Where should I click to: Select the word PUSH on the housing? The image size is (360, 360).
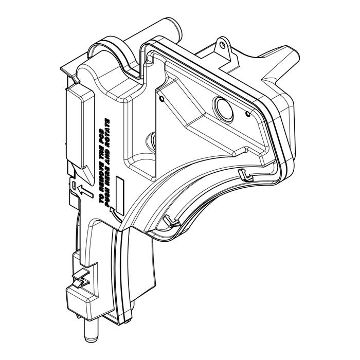(x=107, y=198)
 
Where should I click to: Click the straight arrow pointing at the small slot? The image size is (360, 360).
(x=85, y=191)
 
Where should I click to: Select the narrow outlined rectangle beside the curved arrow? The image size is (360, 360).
(x=120, y=196)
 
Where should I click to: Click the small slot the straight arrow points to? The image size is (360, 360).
(x=74, y=186)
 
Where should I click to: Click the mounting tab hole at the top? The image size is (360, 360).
(x=222, y=45)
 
